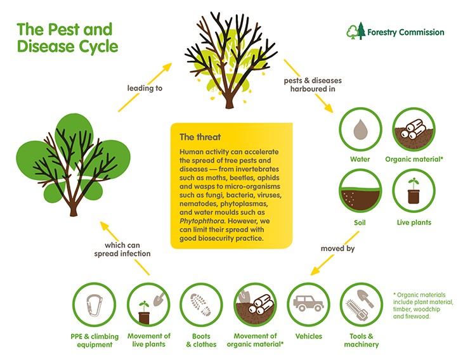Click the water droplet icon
click(360, 129)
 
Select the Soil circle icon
click(360, 191)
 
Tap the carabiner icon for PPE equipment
click(95, 305)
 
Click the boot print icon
click(201, 304)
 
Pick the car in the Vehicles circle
click(308, 303)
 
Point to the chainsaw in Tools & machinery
click(357, 310)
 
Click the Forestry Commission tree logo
click(356, 30)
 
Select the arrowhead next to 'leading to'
click(167, 67)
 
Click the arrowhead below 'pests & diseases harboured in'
click(329, 108)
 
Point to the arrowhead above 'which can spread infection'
click(105, 226)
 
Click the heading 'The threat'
click(200, 137)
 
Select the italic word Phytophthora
click(202, 221)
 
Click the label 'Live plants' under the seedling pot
click(414, 222)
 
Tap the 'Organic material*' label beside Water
click(414, 159)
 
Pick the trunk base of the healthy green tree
click(74, 212)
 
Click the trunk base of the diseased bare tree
click(230, 105)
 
